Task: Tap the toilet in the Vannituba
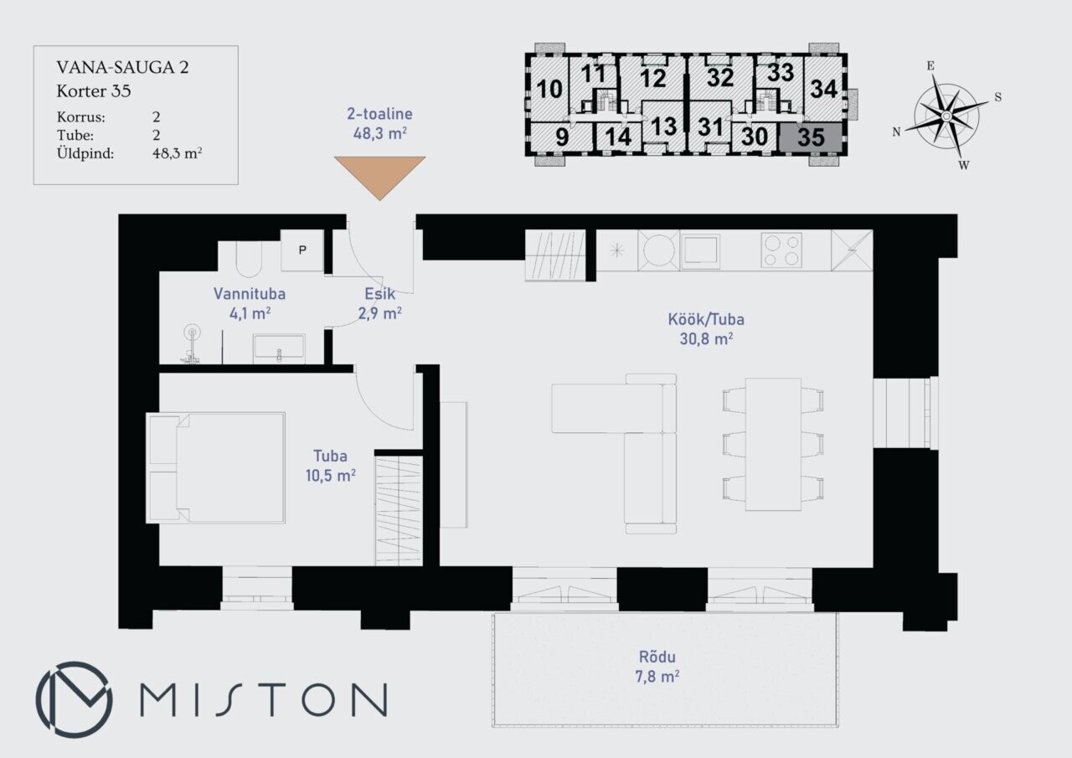(249, 259)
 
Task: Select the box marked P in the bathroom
(302, 250)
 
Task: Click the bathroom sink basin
(279, 346)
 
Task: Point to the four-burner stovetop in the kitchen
(781, 250)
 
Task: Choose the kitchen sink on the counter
(700, 250)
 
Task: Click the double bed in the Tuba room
(216, 467)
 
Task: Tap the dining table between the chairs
(773, 444)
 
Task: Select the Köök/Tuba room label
(706, 319)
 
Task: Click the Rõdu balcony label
(657, 657)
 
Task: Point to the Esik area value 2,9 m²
(379, 313)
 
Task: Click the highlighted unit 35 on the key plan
(811, 137)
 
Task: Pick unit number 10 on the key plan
(549, 89)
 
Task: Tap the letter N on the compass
(896, 132)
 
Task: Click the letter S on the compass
(997, 97)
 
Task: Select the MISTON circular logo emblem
(75, 699)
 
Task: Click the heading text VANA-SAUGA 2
(122, 68)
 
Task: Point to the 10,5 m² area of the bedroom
(330, 476)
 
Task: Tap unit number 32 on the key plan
(720, 77)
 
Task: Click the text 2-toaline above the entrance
(379, 114)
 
